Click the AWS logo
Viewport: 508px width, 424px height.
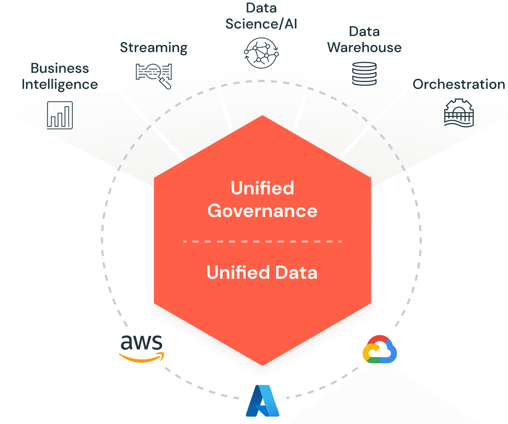142,348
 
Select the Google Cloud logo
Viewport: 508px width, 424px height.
379,349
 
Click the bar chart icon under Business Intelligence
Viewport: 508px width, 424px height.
60,115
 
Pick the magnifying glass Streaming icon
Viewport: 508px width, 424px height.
154,74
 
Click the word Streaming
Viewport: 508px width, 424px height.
154,48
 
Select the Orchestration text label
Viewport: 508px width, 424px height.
459,84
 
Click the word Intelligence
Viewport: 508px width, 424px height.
60,84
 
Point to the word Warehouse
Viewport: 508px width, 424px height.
364,48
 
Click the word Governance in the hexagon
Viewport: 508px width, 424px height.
262,210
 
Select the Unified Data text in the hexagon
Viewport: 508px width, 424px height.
262,273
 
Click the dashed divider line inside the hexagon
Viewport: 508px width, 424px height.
262,241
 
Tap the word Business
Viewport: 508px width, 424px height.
60,68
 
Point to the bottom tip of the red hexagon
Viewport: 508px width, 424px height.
262,364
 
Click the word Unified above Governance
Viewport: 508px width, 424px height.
262,188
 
